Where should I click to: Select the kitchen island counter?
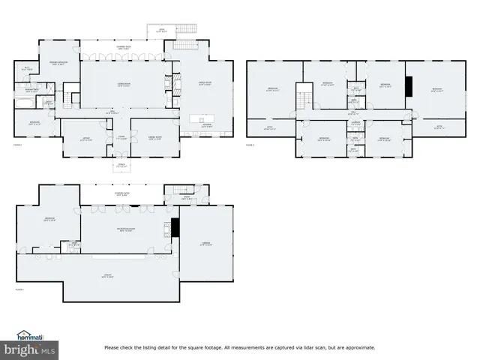coord(202,118)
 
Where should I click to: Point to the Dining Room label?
coord(155,138)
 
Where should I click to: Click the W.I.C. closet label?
coord(25,68)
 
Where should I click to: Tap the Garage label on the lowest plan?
coord(206,243)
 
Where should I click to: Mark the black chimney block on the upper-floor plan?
coord(409,86)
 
